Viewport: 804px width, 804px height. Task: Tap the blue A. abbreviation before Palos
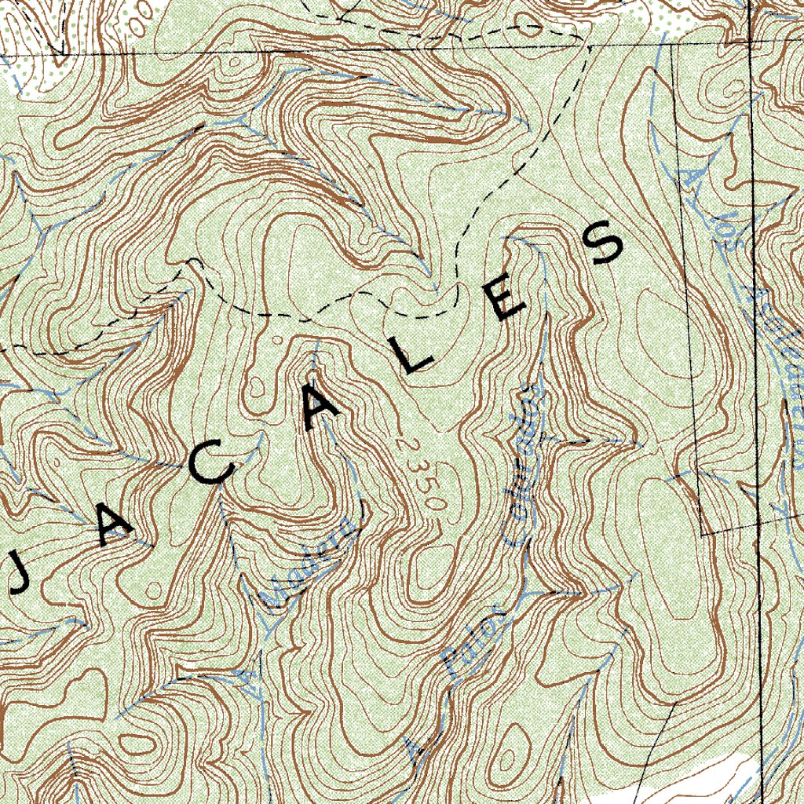pyautogui.click(x=416, y=750)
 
